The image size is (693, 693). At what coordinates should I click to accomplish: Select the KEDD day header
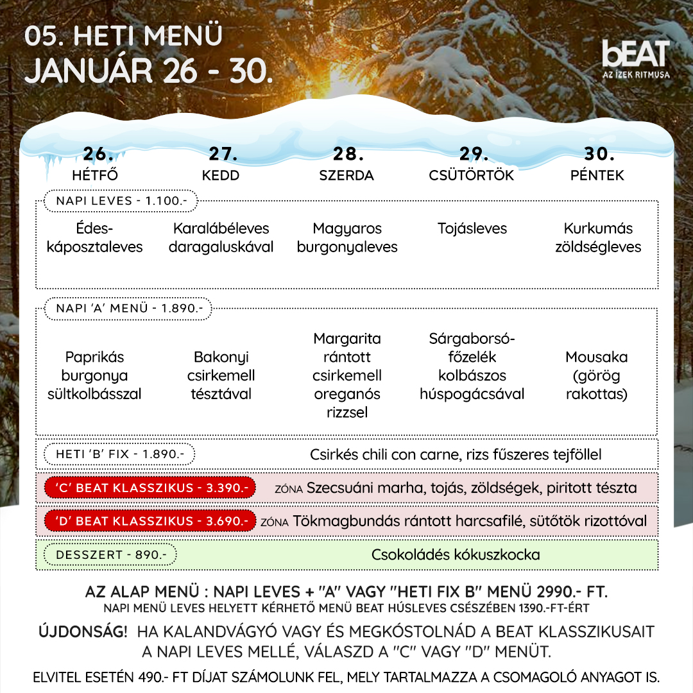point(221,175)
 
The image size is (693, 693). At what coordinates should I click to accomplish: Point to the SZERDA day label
point(346,175)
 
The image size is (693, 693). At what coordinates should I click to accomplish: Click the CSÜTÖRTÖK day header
point(472,175)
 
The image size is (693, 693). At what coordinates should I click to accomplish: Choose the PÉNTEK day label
point(597,175)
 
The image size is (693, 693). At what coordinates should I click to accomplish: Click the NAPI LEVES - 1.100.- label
point(121,201)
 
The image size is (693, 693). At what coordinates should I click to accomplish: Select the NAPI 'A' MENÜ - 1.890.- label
point(129,309)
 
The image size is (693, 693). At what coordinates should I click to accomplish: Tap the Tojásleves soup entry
point(472,228)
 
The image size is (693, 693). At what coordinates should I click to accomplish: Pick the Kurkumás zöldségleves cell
point(598,237)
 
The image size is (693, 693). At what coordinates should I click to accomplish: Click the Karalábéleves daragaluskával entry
point(221,237)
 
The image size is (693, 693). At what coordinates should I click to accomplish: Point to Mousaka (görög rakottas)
point(597,375)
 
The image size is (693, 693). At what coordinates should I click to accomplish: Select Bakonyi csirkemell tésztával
point(221,375)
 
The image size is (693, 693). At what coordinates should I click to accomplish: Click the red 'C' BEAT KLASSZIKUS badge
point(150,488)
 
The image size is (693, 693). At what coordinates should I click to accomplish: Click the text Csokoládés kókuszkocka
point(456,554)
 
